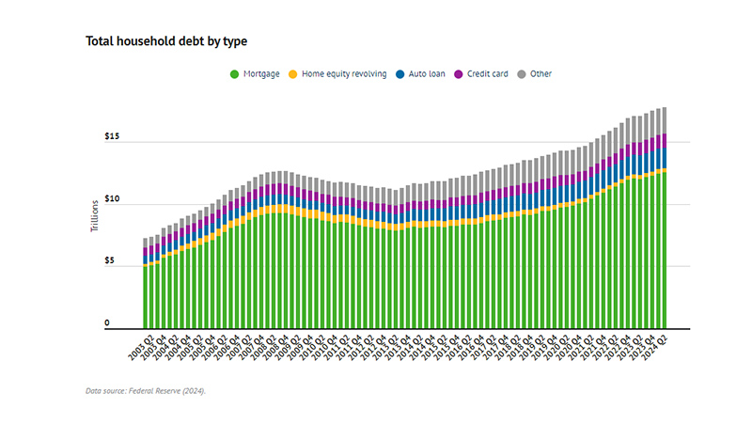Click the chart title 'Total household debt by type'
pos(166,41)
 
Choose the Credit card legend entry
pos(488,73)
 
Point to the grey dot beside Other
pos(522,73)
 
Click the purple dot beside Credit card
pos(458,73)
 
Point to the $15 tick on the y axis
pos(113,137)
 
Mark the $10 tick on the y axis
pos(113,199)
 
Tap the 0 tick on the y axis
pos(107,323)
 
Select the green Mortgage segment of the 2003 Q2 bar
pos(145,296)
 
